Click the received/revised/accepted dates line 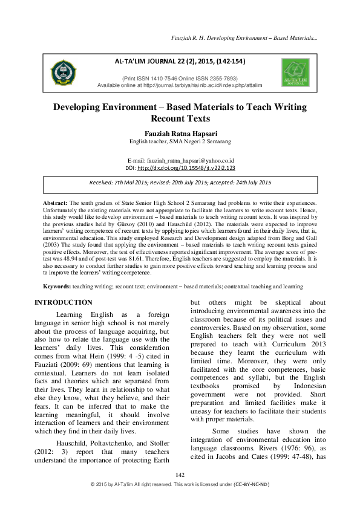tap(180, 182)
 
